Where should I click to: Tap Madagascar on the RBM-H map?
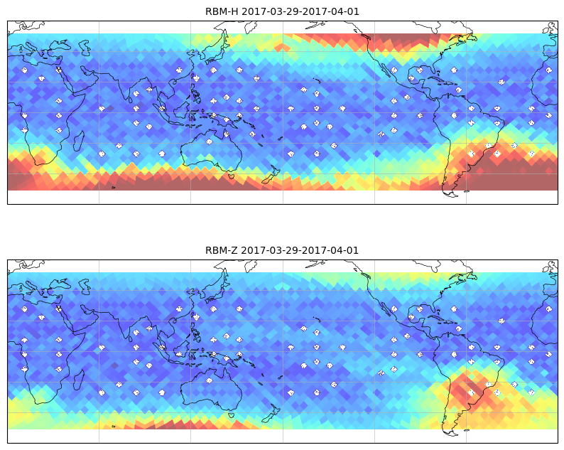(79, 141)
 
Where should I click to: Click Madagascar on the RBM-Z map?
(79, 380)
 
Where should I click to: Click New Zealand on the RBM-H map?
(271, 175)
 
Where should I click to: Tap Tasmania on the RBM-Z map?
(231, 415)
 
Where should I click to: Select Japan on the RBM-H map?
(215, 51)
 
